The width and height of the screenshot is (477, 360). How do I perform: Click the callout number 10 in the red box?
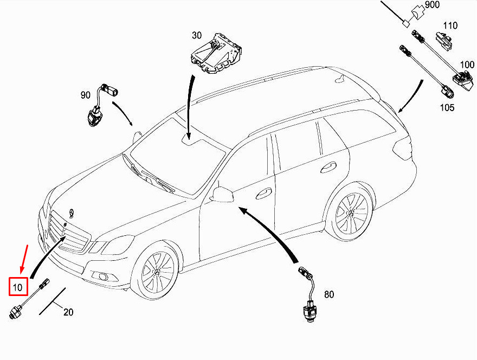[18, 287]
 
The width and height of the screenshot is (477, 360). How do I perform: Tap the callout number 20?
[68, 312]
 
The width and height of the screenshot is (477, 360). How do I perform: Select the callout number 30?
[196, 36]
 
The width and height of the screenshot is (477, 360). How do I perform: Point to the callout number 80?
[329, 295]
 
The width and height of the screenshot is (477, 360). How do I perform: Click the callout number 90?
[86, 95]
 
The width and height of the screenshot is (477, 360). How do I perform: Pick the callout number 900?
[432, 5]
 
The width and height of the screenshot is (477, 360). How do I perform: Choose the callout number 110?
[450, 25]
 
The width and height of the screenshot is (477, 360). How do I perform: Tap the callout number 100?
[467, 65]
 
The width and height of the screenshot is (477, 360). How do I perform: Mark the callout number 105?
[447, 107]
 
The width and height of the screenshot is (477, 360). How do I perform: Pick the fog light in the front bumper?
[102, 278]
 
